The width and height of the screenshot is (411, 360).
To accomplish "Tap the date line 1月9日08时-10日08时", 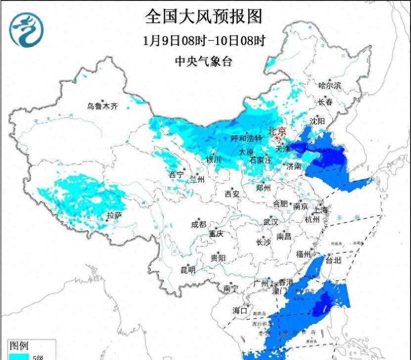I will [203, 41].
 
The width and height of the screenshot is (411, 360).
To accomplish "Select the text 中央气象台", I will [203, 61].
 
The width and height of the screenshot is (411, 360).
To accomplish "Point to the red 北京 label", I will [277, 132].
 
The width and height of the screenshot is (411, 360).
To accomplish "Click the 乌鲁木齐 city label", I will [102, 106].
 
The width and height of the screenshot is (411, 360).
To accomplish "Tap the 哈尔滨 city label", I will [330, 86].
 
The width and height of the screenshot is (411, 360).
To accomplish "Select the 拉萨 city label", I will [114, 215].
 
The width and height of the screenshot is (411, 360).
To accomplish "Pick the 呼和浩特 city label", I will [246, 138].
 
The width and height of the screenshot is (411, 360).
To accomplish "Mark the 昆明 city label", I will [188, 270].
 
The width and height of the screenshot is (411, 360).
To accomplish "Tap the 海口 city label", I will [240, 311].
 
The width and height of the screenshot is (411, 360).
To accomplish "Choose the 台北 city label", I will [333, 260].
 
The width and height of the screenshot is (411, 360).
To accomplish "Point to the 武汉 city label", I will [271, 222].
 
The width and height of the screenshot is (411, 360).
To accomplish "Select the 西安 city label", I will [232, 194].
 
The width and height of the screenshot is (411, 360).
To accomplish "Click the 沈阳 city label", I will [318, 121].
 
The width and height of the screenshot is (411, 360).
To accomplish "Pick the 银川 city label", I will [214, 159].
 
